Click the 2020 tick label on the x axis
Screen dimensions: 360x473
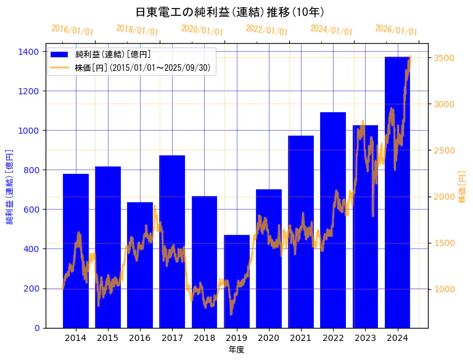(269, 338)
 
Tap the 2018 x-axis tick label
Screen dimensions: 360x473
(204, 338)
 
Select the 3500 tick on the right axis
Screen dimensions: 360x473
(445, 58)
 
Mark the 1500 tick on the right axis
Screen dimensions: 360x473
(445, 243)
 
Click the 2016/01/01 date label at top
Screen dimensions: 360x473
(73, 30)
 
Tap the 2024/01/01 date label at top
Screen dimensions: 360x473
(332, 30)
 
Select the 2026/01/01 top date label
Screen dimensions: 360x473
(397, 30)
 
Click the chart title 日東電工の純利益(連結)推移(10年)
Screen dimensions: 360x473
(230, 12)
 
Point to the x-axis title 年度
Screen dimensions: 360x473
(236, 350)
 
